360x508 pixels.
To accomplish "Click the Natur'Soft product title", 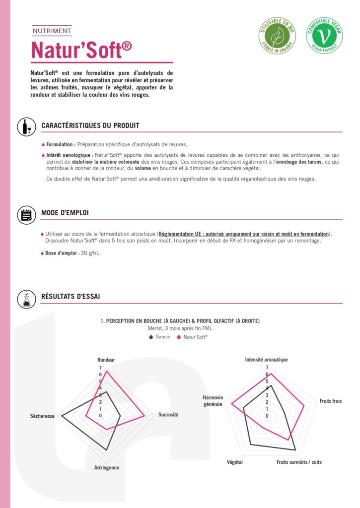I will pyautogui.click(x=81, y=50).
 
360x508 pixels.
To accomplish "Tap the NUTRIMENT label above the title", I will pyautogui.click(x=52, y=31).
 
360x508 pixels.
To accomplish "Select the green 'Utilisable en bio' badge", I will pyautogui.click(x=277, y=35).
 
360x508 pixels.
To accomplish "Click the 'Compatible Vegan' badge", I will pyautogui.click(x=324, y=35).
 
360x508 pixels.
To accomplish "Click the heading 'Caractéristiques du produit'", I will pyautogui.click(x=90, y=126).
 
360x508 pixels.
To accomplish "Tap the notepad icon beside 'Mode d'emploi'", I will pyautogui.click(x=26, y=214).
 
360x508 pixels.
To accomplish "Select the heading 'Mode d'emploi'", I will pyautogui.click(x=65, y=213).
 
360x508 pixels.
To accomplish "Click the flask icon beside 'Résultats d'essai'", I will pyautogui.click(x=26, y=298).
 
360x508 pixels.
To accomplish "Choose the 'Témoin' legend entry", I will pyautogui.click(x=159, y=337).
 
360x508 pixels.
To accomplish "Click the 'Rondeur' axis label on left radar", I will pyautogui.click(x=106, y=360).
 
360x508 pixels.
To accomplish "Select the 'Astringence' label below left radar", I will pyautogui.click(x=107, y=467).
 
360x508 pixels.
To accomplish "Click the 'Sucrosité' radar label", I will pyautogui.click(x=168, y=414).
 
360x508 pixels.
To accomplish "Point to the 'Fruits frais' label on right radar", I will pyautogui.click(x=330, y=400).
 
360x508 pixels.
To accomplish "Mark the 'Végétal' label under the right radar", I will pyautogui.click(x=235, y=462).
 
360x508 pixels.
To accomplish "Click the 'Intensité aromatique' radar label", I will pyautogui.click(x=267, y=360).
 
